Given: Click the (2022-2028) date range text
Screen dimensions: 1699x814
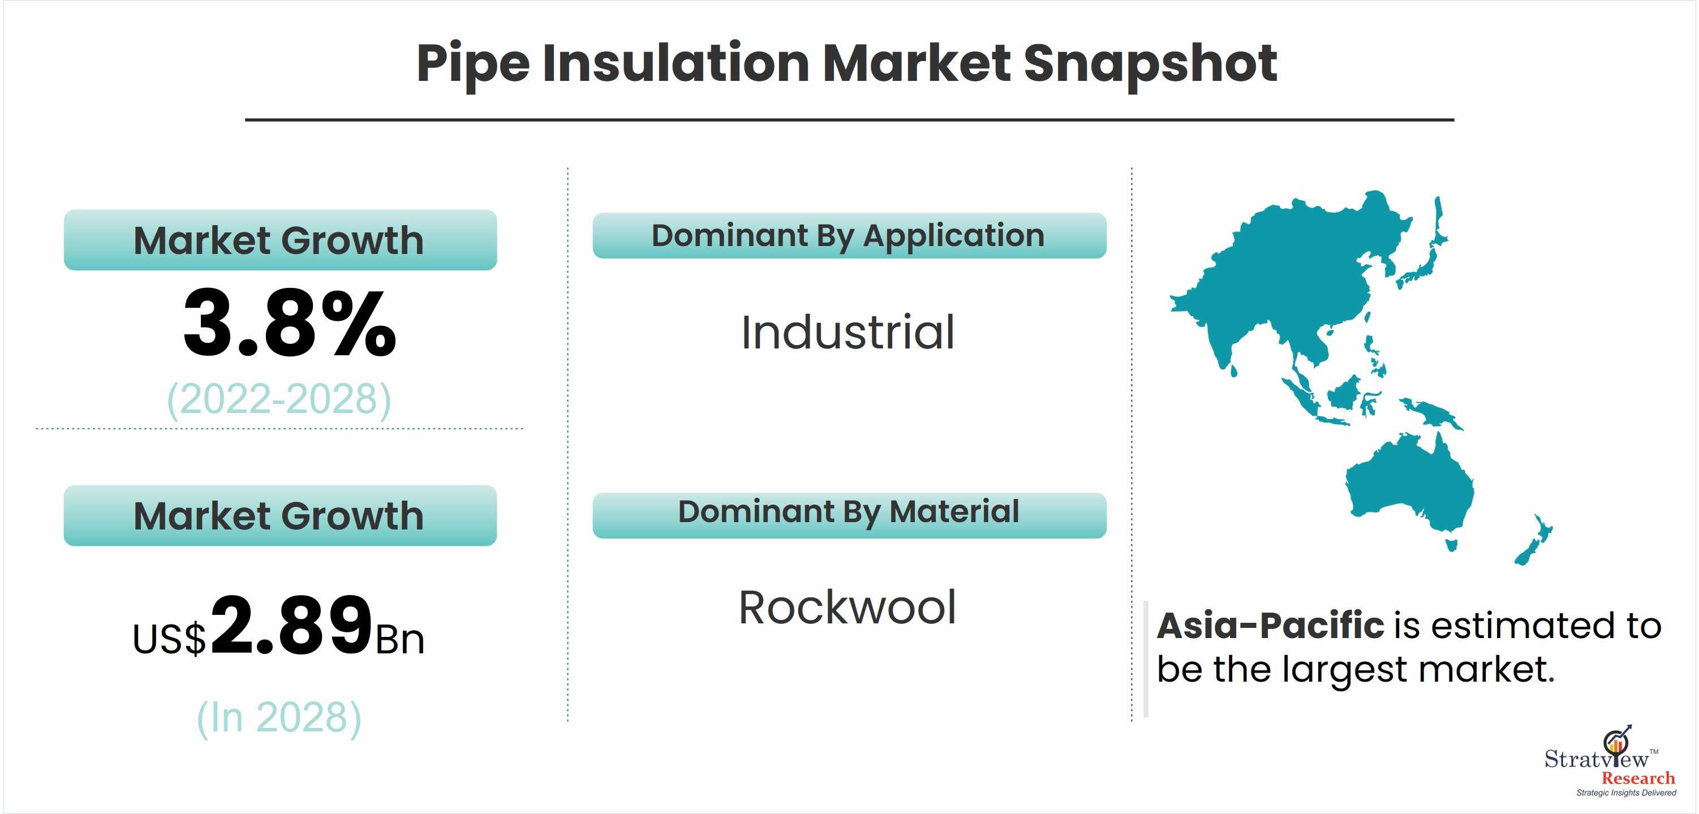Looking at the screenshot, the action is (x=279, y=400).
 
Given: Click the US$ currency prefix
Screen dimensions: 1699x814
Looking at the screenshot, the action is (x=170, y=639).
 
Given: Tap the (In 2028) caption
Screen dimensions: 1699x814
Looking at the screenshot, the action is (x=279, y=718).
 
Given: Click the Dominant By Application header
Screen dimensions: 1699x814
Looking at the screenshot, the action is (x=848, y=236).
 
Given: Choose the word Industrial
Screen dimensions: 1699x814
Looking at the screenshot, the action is (x=848, y=332).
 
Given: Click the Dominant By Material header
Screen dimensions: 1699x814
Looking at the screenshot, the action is (x=848, y=512).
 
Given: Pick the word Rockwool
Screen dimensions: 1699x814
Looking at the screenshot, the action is (x=848, y=608).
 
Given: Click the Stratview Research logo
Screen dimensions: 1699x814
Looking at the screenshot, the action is (x=1609, y=761).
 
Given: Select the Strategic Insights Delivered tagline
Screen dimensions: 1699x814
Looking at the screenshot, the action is (x=1626, y=793).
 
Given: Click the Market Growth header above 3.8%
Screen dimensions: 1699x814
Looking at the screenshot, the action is (x=279, y=240).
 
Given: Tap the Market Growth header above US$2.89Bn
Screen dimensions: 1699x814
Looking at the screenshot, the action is (x=279, y=516).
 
